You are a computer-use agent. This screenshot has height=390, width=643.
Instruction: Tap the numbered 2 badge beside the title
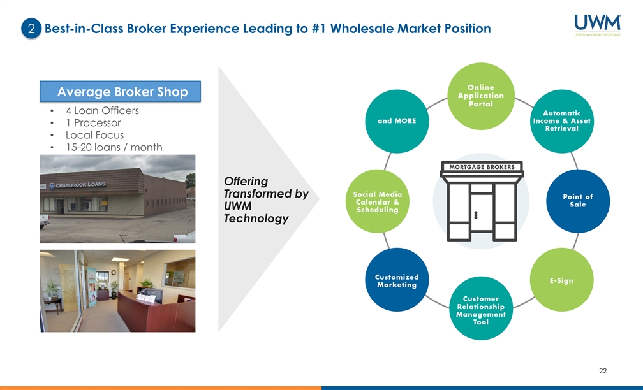31,29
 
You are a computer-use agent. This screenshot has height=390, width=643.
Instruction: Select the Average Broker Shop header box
121,92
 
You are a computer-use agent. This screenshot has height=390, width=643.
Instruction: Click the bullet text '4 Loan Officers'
102,111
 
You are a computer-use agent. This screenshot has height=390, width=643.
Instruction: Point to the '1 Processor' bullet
93,123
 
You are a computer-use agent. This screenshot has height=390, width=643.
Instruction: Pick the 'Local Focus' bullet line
94,135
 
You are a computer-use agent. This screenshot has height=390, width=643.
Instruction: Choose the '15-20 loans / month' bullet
114,147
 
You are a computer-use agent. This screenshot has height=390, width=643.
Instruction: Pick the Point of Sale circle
578,201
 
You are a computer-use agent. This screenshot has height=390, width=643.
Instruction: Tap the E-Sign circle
561,280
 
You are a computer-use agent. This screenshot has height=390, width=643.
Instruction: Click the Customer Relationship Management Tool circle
480,310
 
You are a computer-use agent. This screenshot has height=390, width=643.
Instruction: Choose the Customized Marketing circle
397,280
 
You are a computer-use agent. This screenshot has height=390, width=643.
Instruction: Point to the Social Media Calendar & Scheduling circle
376,201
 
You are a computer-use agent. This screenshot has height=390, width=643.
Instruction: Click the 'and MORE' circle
397,121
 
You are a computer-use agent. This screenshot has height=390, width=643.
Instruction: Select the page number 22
603,370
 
